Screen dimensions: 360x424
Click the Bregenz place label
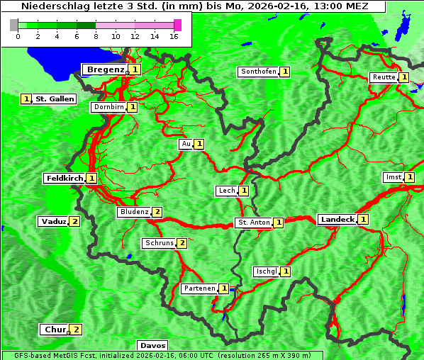coord(106,69)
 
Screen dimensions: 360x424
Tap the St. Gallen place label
coord(55,99)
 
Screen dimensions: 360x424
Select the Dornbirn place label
coord(108,108)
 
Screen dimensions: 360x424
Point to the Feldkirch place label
coord(64,179)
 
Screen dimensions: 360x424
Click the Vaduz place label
coord(53,222)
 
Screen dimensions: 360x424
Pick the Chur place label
coord(54,330)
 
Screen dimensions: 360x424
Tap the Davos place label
coord(152,346)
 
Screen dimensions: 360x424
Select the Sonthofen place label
coord(258,72)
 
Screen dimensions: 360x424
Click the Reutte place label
coord(383,77)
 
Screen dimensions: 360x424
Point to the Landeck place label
coord(337,220)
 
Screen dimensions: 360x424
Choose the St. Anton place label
coord(254,223)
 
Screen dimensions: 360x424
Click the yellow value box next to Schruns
coord(182,244)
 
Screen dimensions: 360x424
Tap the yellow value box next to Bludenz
coord(157,212)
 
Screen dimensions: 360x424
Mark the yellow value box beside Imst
coord(409,177)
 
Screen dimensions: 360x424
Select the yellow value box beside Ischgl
coord(285,271)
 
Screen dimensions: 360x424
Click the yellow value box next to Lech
coord(243,191)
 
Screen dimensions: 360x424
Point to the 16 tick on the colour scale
coord(174,35)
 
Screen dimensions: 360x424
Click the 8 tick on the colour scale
coord(96,35)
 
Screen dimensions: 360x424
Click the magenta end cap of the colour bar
coord(177,25)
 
